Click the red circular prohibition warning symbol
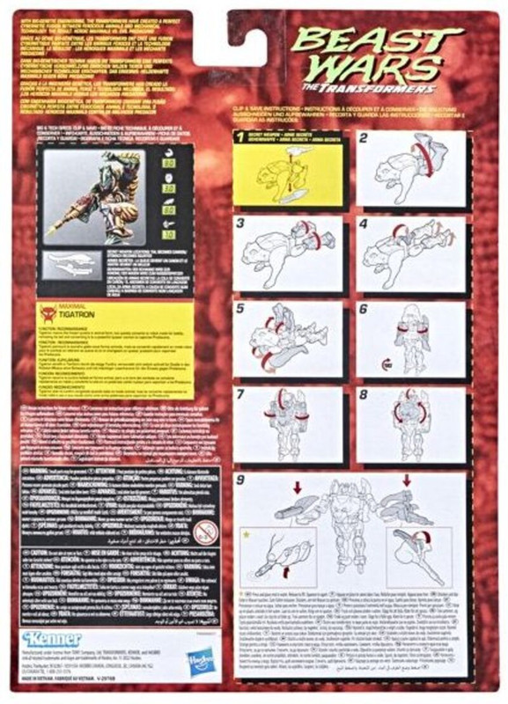(x=205, y=531)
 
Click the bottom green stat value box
(x=193, y=235)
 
